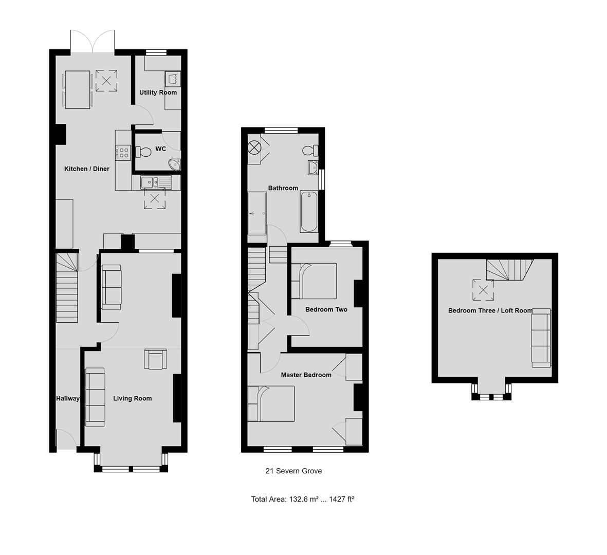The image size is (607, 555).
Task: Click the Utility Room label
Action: pos(158,92)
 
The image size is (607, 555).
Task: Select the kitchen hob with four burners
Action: pos(124,152)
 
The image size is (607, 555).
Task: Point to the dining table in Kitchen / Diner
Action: pos(78,90)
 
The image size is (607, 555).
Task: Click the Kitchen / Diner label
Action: pos(86,169)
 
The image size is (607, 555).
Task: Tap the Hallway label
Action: pos(68,398)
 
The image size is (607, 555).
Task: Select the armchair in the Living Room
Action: pos(156,359)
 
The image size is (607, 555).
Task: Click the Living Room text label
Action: pos(133,398)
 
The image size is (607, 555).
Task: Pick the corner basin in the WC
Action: pos(175,164)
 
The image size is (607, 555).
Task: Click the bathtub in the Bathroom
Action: pos(309,211)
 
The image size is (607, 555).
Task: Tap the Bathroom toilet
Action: pos(310,150)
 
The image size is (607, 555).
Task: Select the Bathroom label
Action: pos(283,188)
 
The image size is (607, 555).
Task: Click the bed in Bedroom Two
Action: pos(314,281)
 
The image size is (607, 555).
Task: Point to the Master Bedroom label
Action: pos(306,375)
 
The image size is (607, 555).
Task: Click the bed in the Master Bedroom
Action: pos(271,403)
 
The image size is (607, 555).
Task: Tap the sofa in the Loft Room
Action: pos(541,338)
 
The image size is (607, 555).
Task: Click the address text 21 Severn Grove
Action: pos(293,471)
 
